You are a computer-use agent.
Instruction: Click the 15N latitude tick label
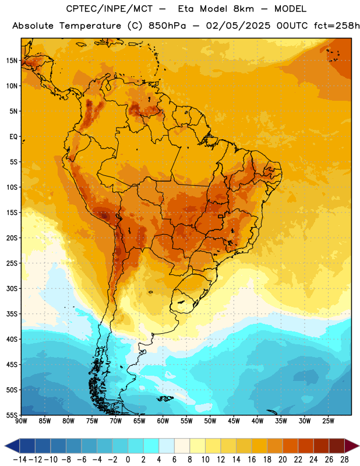pyautogui.click(x=12, y=61)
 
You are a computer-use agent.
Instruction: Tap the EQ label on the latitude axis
pyautogui.click(x=13, y=137)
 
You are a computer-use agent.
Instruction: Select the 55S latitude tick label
pyautogui.click(x=12, y=415)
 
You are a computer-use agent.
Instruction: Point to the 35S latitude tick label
pyautogui.click(x=12, y=314)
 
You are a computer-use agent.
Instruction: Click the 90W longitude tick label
pyautogui.click(x=21, y=421)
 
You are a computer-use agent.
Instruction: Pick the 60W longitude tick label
pyautogui.click(x=163, y=421)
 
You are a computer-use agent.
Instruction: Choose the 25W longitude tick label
pyautogui.click(x=328, y=421)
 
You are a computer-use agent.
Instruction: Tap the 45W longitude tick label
pyautogui.click(x=234, y=421)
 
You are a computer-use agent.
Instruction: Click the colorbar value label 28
pyautogui.click(x=344, y=460)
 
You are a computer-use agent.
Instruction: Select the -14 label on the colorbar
pyautogui.click(x=20, y=460)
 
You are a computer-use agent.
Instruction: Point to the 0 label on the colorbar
pyautogui.click(x=128, y=460)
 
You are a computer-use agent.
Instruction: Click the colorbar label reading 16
pyautogui.click(x=252, y=460)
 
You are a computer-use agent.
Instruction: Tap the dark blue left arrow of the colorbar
pyautogui.click(x=12, y=446)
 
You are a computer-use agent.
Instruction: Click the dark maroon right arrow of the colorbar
pyautogui.click(x=352, y=446)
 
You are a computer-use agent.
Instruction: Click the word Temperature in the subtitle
pyautogui.click(x=90, y=26)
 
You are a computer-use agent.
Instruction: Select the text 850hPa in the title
pyautogui.click(x=167, y=26)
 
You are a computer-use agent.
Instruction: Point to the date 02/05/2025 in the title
pyautogui.click(x=238, y=26)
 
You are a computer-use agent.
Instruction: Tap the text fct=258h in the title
pyautogui.click(x=337, y=26)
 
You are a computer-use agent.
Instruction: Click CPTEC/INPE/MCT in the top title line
pyautogui.click(x=110, y=9)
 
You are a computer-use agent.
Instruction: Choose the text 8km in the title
pyautogui.click(x=243, y=9)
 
